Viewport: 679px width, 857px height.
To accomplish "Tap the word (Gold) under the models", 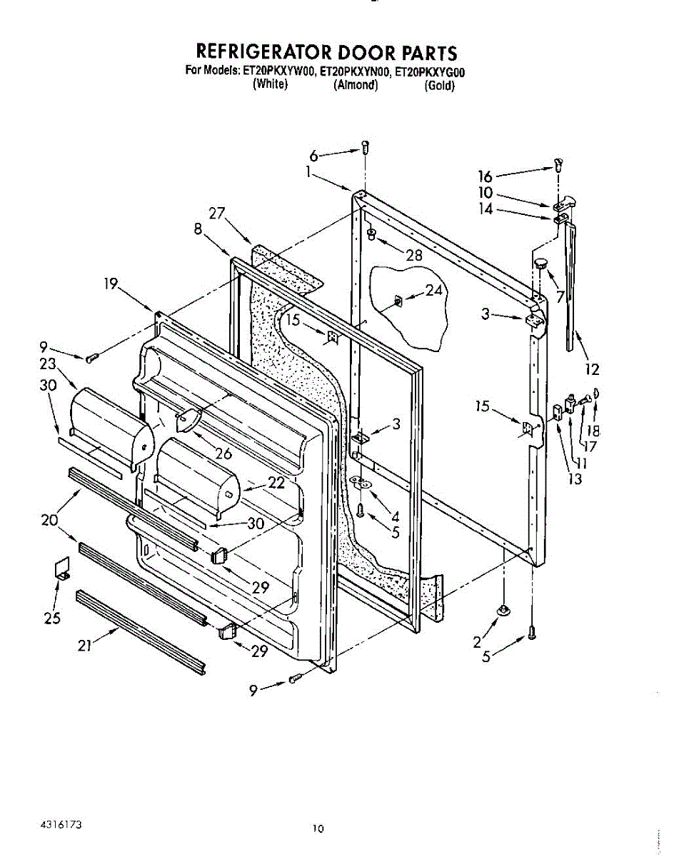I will pos(439,86).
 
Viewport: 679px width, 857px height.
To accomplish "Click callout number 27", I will pos(217,213).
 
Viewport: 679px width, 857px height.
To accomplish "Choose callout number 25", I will pos(51,618).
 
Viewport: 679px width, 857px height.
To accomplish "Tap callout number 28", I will pos(413,256).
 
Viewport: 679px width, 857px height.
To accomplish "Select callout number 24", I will pos(434,290).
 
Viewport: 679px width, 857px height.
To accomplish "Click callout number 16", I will pos(486,176).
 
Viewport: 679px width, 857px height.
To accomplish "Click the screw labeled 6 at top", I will pos(365,149).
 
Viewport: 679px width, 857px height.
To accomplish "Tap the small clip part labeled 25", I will pos(62,567).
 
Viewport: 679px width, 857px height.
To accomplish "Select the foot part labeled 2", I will pos(503,609).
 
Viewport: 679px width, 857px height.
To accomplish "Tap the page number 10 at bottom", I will pos(318,829).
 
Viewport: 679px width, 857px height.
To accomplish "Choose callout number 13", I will pos(575,479).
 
